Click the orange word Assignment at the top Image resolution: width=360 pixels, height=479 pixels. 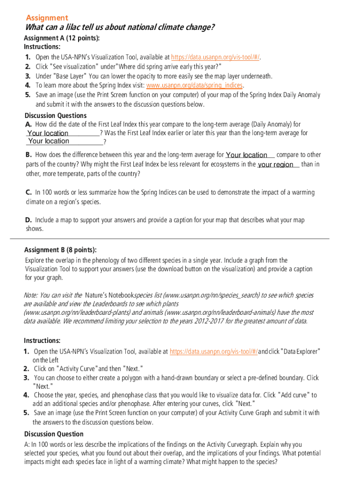tap(47, 18)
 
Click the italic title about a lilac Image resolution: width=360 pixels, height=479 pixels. tap(120, 28)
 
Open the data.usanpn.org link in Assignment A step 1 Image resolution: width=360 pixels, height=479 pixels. tap(216, 57)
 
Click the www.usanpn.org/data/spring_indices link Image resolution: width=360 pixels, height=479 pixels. tap(194, 85)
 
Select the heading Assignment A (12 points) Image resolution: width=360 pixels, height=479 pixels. tap(62, 38)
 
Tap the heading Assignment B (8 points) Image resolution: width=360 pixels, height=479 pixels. tap(60, 250)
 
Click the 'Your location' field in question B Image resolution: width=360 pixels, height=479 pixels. tap(250, 155)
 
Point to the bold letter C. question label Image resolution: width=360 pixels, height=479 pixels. tap(29, 192)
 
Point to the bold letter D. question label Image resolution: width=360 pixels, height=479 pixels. tap(29, 219)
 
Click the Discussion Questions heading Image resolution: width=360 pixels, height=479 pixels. tap(55, 116)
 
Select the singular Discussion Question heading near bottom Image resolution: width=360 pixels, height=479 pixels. tap(54, 434)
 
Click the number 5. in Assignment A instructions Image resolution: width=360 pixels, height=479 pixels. tap(28, 94)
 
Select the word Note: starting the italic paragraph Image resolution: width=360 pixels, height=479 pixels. tap(31, 295)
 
